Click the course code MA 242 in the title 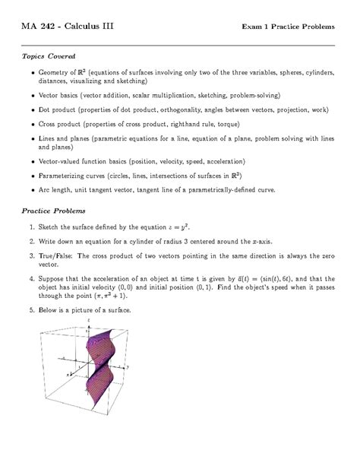pyautogui.click(x=41, y=27)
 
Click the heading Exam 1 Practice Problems pyautogui.click(x=288, y=27)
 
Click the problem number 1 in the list pyautogui.click(x=30, y=227)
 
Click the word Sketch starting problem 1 pyautogui.click(x=49, y=227)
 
